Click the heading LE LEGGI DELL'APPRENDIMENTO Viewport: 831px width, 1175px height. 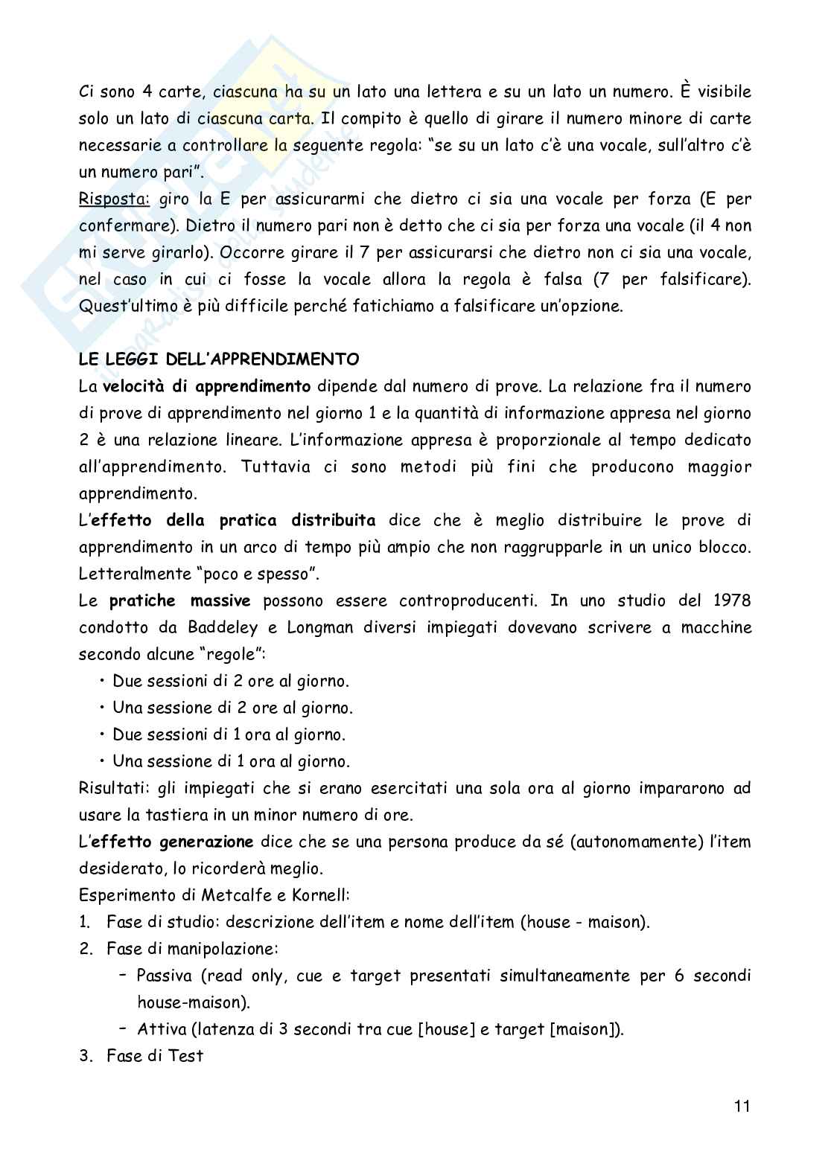coord(219,359)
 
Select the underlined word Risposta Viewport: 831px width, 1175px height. coord(114,199)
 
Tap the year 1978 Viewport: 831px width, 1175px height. coord(730,601)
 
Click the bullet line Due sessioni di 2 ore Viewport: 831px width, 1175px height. coord(230,681)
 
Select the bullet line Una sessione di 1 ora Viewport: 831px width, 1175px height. coord(231,761)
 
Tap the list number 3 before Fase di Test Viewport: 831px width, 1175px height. coord(84,1056)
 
